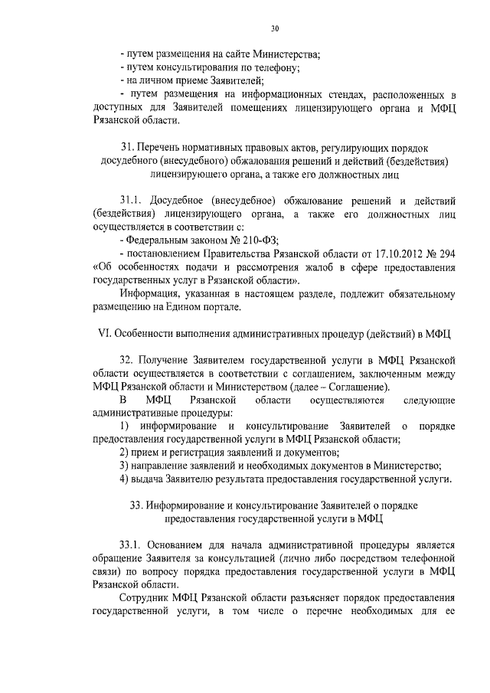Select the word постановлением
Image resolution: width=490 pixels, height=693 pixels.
point(163,254)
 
